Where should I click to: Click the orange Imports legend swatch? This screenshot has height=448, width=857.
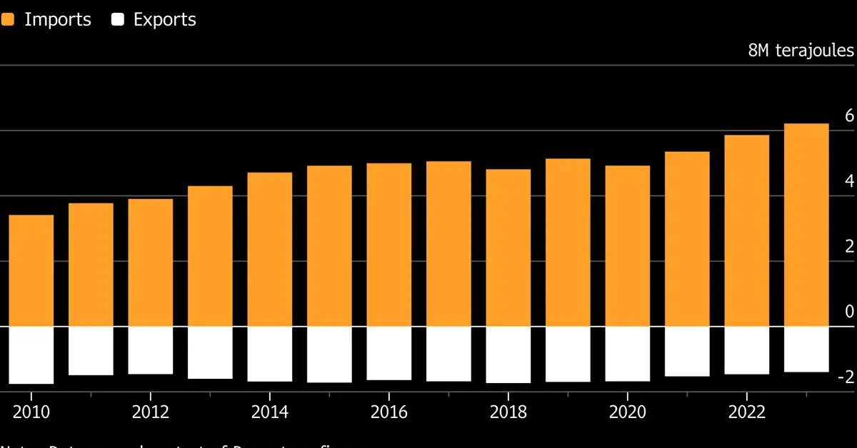point(7,20)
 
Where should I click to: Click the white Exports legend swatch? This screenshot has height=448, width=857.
point(118,20)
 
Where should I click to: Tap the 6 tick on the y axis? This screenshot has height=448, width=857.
point(849,116)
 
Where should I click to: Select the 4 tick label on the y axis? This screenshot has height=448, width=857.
point(849,181)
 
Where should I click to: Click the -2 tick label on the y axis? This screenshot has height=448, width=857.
point(846,377)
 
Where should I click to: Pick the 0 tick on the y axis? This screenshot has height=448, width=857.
point(849,312)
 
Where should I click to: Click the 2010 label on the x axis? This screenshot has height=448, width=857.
point(31,412)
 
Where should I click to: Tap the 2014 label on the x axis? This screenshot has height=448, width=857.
point(269,412)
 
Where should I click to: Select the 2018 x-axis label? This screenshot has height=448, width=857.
point(508,412)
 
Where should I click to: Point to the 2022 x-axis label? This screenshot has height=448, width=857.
point(746,412)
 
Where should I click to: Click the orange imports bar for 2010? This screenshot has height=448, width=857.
point(31,271)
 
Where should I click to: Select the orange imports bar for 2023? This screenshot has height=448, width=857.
point(806,225)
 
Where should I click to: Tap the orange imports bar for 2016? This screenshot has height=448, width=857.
point(389,245)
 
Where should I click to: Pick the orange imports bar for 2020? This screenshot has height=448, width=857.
point(627,246)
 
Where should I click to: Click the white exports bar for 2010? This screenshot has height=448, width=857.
point(31,355)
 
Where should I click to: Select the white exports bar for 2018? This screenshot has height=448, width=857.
point(508,355)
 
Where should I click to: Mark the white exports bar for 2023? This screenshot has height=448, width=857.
point(806,350)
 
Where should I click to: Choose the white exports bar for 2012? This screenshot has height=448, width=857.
point(150,350)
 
